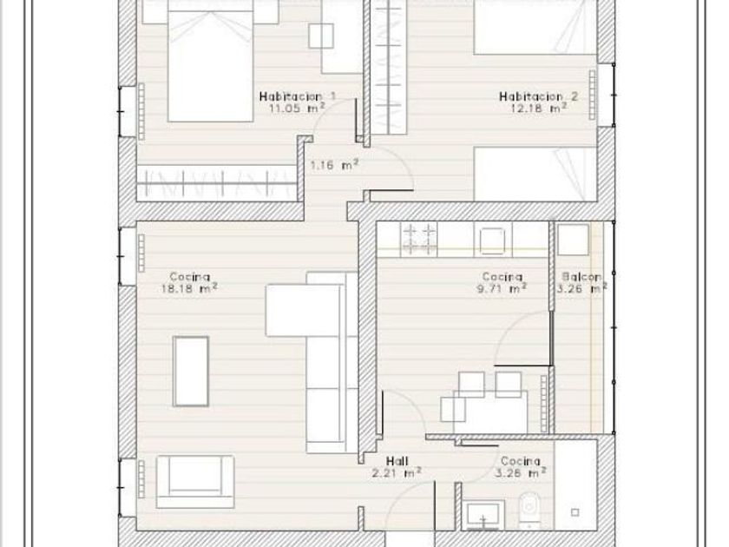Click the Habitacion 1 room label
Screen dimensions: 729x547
(297, 96)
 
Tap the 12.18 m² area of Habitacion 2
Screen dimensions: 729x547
(538, 108)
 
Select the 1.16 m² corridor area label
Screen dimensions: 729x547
(334, 164)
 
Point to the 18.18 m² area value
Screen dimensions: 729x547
(189, 288)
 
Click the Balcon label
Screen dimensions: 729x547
(581, 277)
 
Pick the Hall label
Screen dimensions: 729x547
(397, 461)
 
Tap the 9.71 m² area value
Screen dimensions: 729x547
(502, 288)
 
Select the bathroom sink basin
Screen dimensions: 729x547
(483, 515)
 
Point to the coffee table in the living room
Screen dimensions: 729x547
(191, 372)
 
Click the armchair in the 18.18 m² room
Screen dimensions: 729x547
(195, 481)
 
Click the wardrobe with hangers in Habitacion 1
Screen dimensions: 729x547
(217, 183)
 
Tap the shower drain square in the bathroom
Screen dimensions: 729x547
(575, 512)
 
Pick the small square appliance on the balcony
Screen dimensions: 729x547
(573, 240)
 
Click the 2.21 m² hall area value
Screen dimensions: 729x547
(397, 473)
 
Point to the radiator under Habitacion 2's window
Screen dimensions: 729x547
(592, 95)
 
